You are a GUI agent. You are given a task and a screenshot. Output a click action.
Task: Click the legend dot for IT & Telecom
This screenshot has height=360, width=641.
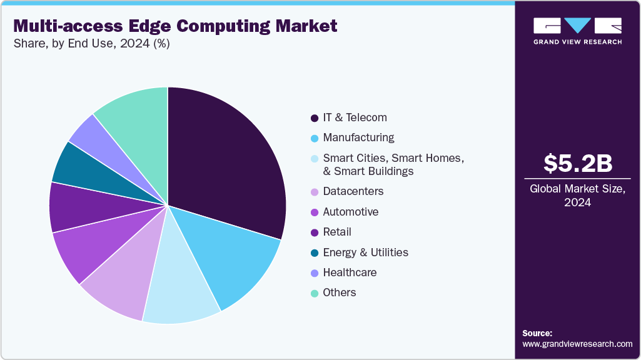(x=314, y=118)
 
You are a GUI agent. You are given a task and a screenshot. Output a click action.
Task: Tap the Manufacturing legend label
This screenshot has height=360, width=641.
(x=358, y=137)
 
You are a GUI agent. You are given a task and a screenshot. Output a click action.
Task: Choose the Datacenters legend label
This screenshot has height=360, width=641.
(x=353, y=191)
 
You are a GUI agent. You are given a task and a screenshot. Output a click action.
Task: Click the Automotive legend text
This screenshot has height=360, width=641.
(x=350, y=212)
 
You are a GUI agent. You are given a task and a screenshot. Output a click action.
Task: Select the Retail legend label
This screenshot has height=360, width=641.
(x=337, y=232)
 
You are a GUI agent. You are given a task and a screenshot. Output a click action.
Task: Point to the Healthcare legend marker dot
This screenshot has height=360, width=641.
(x=314, y=273)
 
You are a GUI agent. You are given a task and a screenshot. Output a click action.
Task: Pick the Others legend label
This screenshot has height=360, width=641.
(x=339, y=292)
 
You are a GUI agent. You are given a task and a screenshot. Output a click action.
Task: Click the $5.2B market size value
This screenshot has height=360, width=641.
(x=577, y=163)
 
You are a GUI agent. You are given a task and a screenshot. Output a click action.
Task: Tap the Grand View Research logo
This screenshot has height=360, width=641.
(x=577, y=30)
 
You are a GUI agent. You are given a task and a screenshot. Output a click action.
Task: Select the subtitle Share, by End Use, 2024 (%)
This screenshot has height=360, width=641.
(x=91, y=44)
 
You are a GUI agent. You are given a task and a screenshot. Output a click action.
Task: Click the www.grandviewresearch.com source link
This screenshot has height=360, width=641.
(x=577, y=344)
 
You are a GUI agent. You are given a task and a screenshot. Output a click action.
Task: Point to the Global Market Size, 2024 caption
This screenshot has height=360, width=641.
(x=577, y=196)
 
